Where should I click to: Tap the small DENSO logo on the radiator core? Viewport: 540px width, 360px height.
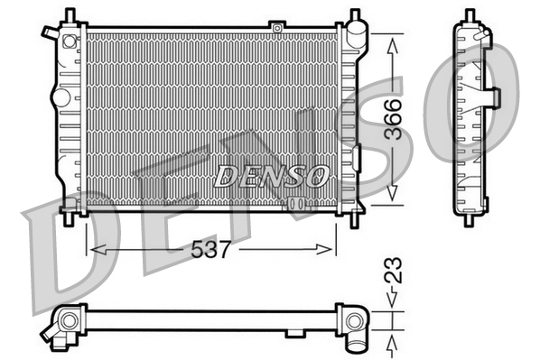coord(272,176)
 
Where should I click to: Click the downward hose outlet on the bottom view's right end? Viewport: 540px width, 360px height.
coord(355,341)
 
